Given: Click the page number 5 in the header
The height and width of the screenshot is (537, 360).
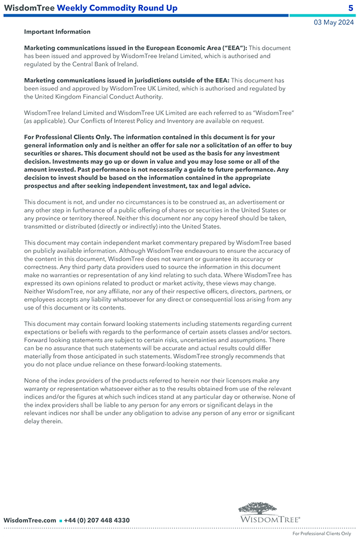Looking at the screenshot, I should (351, 8).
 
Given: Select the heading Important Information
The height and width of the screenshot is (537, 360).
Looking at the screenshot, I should (57, 32).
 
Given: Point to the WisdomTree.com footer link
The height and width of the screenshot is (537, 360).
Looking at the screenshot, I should (30, 520).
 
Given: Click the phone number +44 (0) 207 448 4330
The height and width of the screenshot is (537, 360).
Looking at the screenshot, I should (97, 520).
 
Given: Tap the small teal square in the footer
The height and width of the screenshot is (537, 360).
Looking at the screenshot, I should (60, 521).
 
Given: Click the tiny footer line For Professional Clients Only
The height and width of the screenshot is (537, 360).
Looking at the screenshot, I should (322, 534).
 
